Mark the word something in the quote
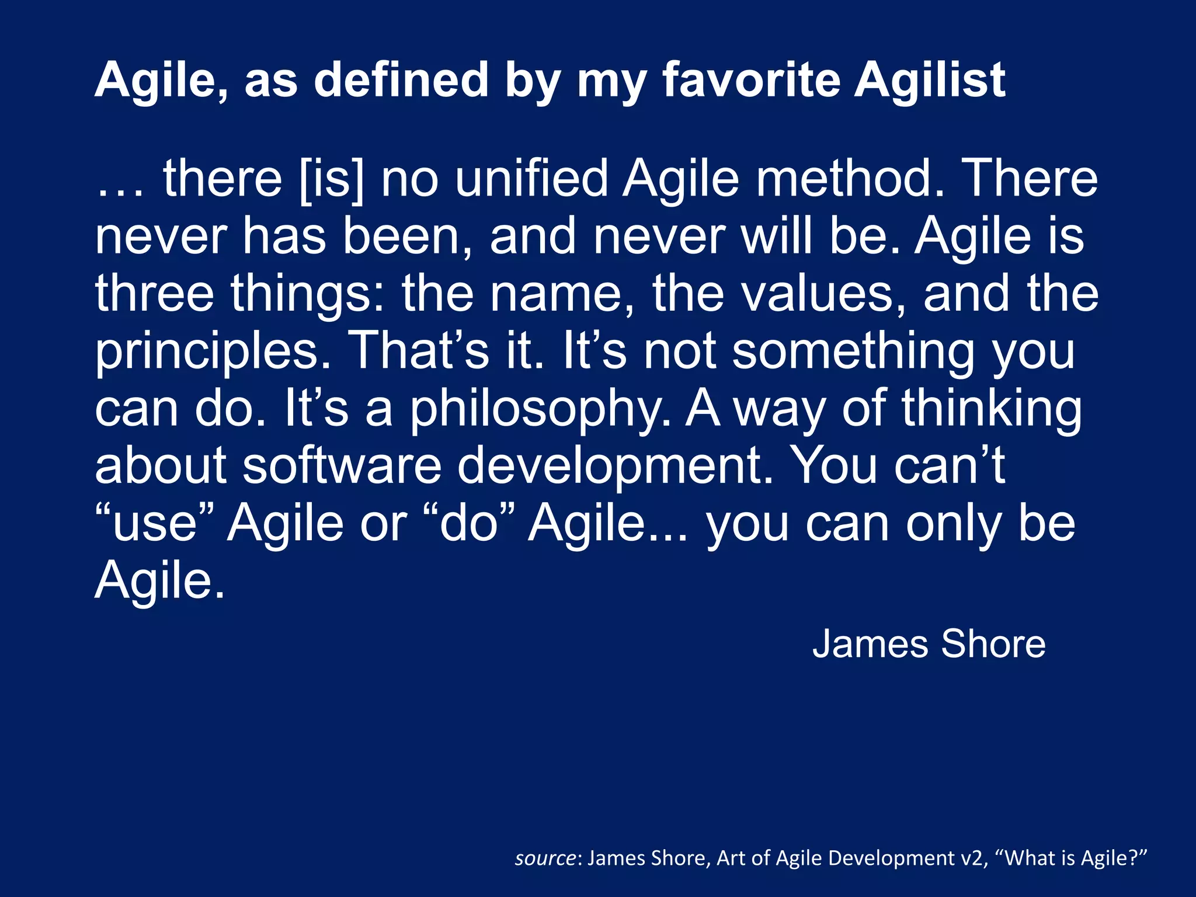pyautogui.click(x=853, y=352)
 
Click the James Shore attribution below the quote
pyautogui.click(x=929, y=644)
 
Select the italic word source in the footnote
pyautogui.click(x=545, y=858)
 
